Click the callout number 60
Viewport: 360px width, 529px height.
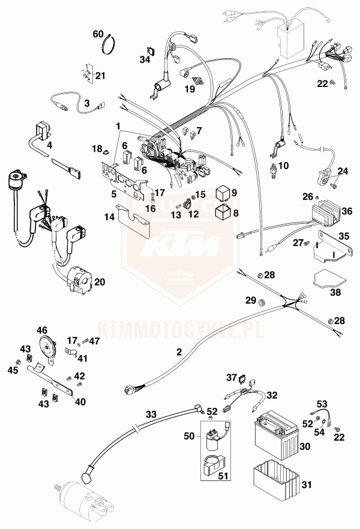click(98, 34)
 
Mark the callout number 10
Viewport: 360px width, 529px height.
click(284, 164)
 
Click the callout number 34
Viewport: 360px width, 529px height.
click(145, 59)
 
